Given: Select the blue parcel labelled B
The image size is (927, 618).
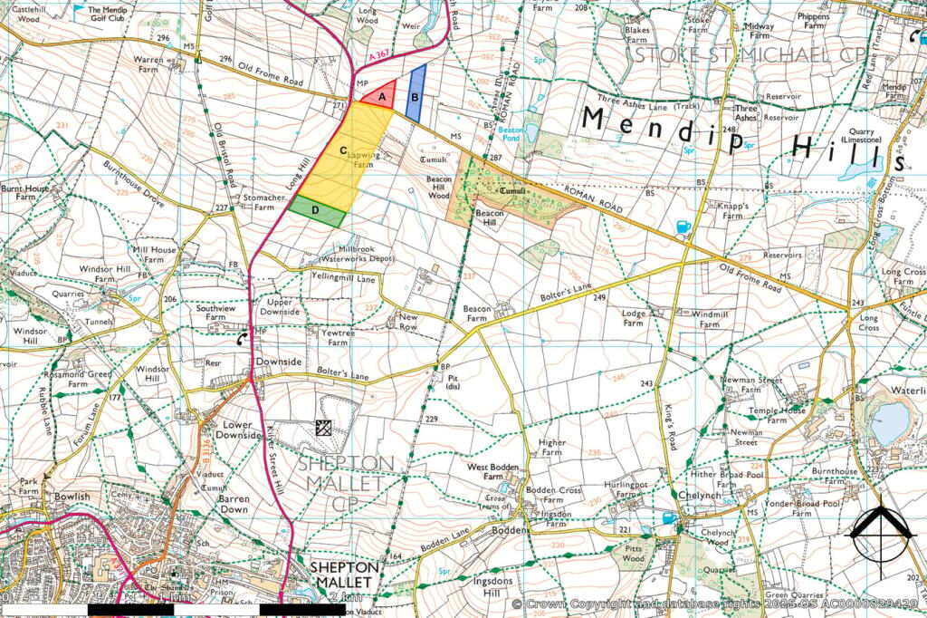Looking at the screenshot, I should tap(415, 94).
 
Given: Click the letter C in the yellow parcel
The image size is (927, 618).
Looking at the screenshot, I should tap(344, 150).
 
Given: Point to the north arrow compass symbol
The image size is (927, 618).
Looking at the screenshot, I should tap(878, 534).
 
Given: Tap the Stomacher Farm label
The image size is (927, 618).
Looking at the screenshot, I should tap(257, 201).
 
